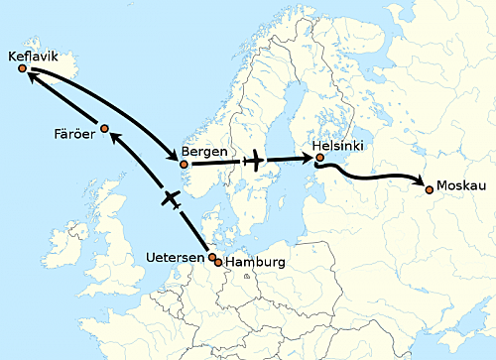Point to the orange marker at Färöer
104,128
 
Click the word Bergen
202,154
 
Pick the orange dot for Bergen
183,164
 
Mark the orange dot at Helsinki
319,157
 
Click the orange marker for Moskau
429,188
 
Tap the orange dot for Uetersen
212,257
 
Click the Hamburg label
256,262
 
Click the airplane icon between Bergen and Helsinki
255,161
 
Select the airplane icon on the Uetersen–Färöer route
171,199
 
